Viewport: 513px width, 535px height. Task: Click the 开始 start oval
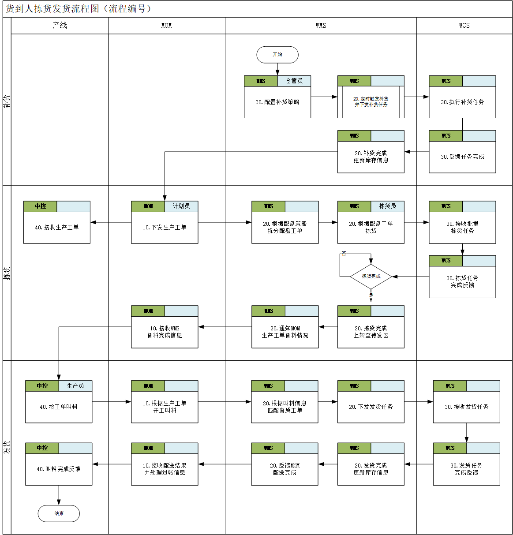pyautogui.click(x=277, y=55)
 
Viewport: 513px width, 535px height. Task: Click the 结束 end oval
pyautogui.click(x=59, y=513)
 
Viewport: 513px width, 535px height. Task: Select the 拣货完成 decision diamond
pyautogui.click(x=371, y=277)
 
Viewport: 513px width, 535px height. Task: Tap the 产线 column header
pyautogui.click(x=60, y=26)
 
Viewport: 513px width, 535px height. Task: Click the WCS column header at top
pyautogui.click(x=464, y=26)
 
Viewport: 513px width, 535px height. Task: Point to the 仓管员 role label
pyautogui.click(x=294, y=81)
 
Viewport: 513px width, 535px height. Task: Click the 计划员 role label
pyautogui.click(x=181, y=206)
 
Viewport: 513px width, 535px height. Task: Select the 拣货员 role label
pyautogui.click(x=388, y=206)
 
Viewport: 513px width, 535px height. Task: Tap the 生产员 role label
pyautogui.click(x=75, y=385)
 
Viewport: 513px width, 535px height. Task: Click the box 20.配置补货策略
pyautogui.click(x=277, y=102)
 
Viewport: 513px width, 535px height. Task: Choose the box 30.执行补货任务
pyautogui.click(x=462, y=102)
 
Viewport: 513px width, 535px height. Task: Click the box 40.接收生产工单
pyautogui.click(x=57, y=227)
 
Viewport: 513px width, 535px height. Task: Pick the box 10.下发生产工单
pyautogui.click(x=165, y=227)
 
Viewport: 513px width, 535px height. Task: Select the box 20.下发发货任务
pyautogui.click(x=371, y=407)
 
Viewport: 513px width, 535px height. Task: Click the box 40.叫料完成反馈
pyautogui.click(x=59, y=469)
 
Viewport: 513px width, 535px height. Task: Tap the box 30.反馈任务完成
pyautogui.click(x=462, y=157)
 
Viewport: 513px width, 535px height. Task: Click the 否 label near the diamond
pyautogui.click(x=344, y=254)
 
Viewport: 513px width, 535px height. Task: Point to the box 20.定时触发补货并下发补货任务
pyautogui.click(x=371, y=102)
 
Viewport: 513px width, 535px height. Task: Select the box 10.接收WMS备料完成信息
pyautogui.click(x=165, y=332)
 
